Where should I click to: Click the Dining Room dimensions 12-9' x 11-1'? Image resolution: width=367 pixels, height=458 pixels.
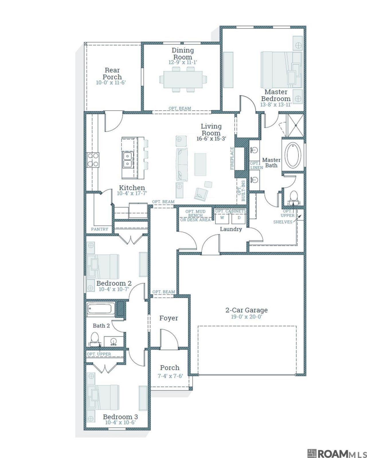pyautogui.click(x=183, y=62)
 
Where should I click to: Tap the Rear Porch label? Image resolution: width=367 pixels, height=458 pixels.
pyautogui.click(x=112, y=74)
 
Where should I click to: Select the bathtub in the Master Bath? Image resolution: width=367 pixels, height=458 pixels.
pyautogui.click(x=294, y=155)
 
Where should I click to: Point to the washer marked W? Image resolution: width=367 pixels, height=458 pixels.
pyautogui.click(x=222, y=218)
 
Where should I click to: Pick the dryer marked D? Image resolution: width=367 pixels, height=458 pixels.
pyautogui.click(x=239, y=218)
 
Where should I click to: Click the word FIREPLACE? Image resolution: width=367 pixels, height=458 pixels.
pyautogui.click(x=232, y=158)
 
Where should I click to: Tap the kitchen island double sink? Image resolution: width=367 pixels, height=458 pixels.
pyautogui.click(x=128, y=160)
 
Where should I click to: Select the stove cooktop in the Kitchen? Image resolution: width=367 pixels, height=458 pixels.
pyautogui.click(x=93, y=160)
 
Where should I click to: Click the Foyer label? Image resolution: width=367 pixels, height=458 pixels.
pyautogui.click(x=169, y=318)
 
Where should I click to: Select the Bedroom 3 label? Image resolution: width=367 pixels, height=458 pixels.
pyautogui.click(x=120, y=417)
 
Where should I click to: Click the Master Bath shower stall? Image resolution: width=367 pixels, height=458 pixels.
pyautogui.click(x=296, y=126)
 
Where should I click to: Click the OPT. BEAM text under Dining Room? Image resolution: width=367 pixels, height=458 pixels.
pyautogui.click(x=180, y=108)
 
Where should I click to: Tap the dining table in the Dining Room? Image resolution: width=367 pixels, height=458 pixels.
pyautogui.click(x=183, y=79)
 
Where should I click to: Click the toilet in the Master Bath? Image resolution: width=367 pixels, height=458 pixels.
pyautogui.click(x=294, y=197)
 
